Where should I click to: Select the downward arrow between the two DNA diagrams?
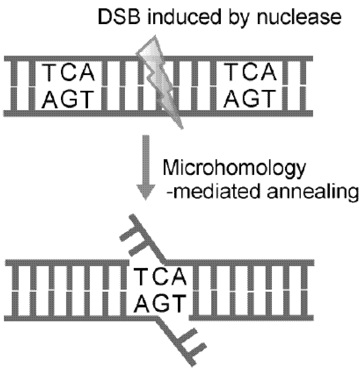[x=146, y=168]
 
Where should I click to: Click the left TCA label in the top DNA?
[x=68, y=73]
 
